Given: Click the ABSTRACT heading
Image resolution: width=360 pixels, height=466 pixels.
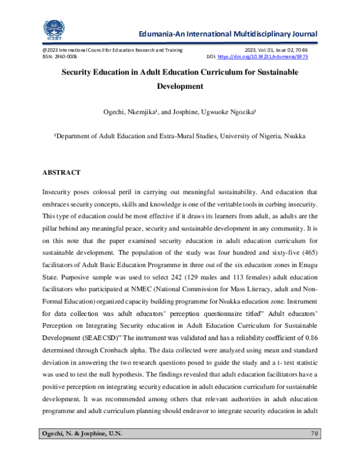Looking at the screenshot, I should [61, 172].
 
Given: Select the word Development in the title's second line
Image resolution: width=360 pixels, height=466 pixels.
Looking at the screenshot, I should [180, 86].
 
